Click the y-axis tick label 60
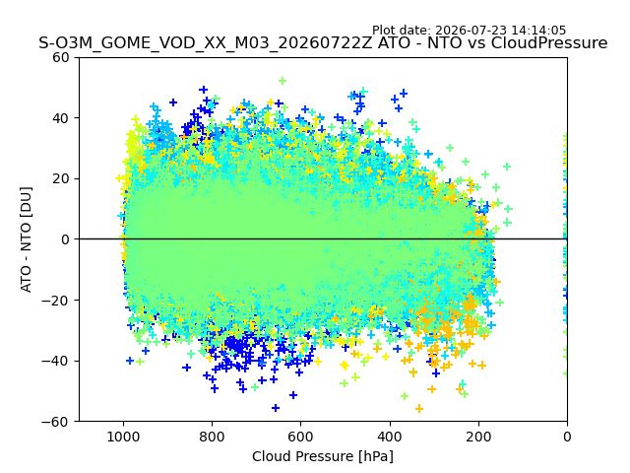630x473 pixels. [61, 57]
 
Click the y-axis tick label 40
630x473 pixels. [61, 118]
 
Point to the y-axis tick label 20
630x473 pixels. [61, 179]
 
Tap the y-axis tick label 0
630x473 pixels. [65, 239]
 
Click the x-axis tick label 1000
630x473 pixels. [123, 437]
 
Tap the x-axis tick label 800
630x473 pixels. [213, 437]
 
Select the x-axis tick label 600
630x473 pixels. [301, 437]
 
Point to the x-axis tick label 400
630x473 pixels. [390, 437]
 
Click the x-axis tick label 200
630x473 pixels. [478, 437]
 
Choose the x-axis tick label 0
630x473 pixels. [567, 437]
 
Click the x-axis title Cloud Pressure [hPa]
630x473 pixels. [323, 456]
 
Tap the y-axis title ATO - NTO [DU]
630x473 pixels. [27, 239]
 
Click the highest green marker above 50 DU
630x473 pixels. [283, 81]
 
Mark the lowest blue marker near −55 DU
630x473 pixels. [276, 408]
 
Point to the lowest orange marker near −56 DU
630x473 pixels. [419, 409]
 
